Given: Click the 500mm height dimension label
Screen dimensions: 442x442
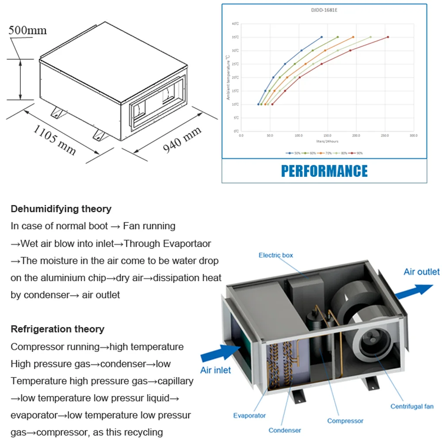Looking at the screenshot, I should [27, 30].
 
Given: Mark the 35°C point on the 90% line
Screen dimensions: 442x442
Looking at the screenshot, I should [388, 37].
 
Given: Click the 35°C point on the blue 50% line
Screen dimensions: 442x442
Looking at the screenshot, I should [321, 37].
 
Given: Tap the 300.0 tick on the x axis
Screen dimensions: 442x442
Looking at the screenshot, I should [414, 136].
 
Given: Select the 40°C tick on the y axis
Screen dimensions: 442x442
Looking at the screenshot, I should [235, 24].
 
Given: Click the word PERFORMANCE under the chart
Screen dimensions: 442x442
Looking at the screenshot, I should [324, 171].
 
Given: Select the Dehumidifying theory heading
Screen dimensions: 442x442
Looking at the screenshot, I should [61, 209].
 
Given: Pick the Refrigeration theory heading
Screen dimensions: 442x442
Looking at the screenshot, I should [57, 329].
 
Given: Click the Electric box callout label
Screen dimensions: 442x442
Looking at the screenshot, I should [276, 255].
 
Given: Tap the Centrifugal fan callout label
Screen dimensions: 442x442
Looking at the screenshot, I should [412, 406].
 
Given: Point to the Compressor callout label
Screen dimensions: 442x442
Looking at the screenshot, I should [345, 421].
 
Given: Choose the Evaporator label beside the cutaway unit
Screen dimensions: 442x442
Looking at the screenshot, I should [249, 415].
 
